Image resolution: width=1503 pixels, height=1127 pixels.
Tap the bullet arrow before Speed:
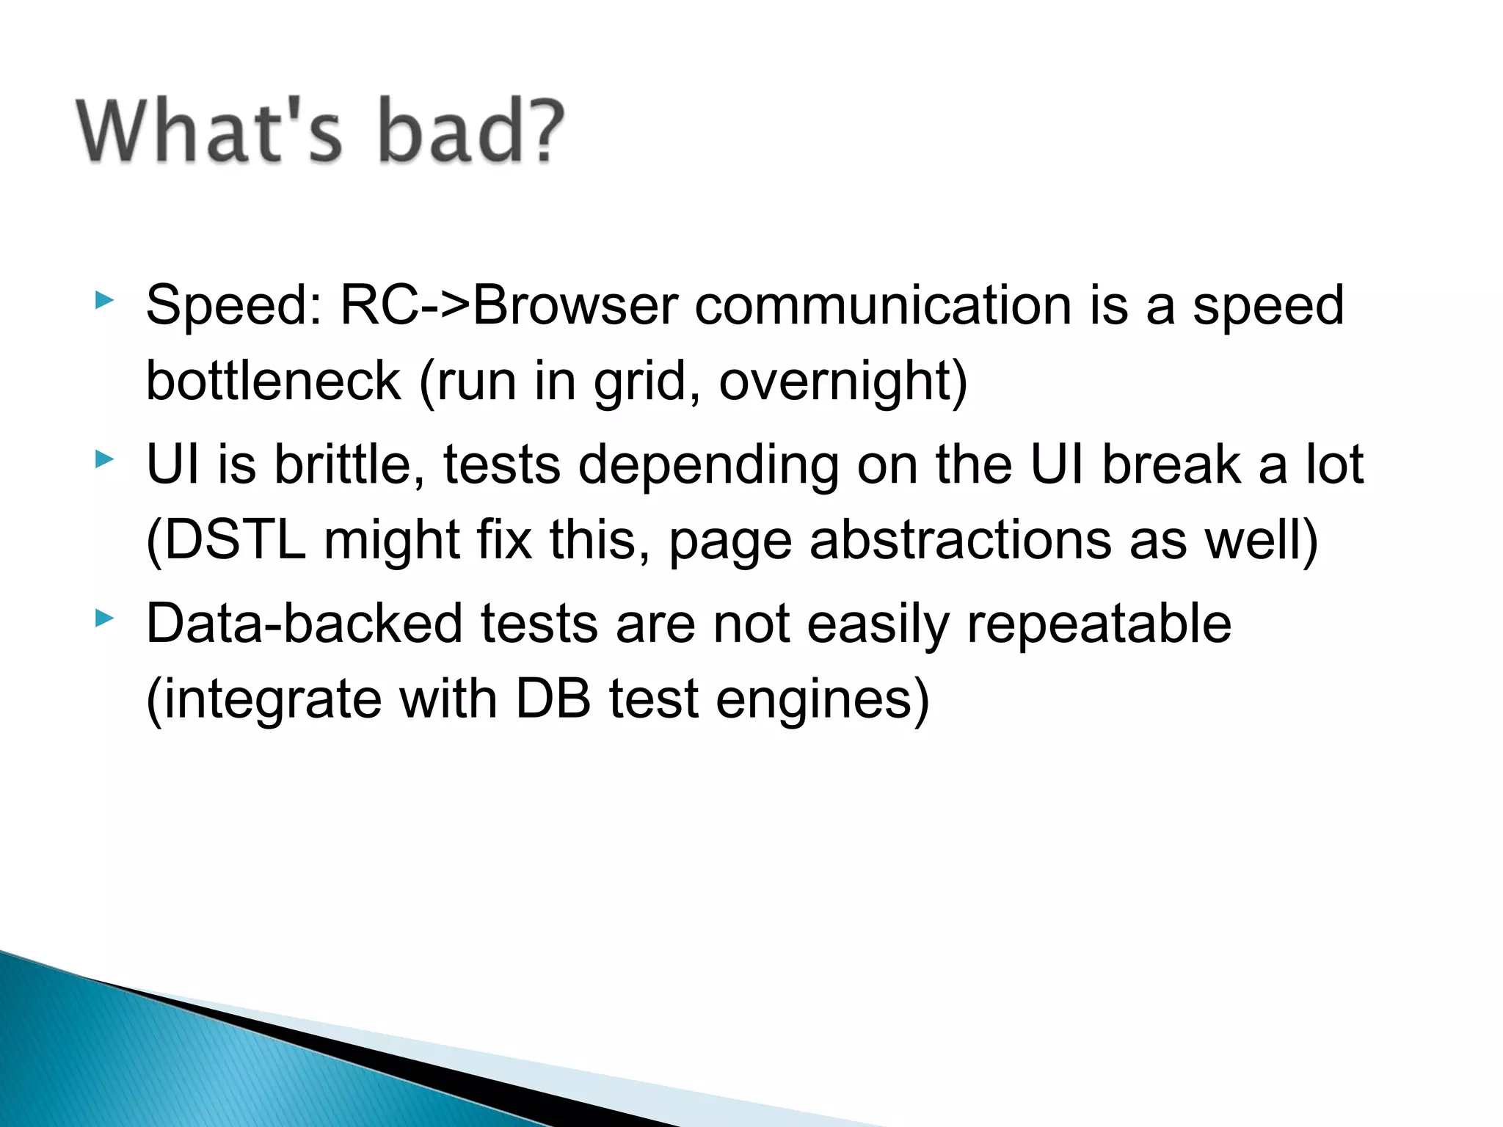point(105,300)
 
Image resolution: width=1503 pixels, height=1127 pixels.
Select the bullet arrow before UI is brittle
point(105,460)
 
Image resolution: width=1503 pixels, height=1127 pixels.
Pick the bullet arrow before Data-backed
point(105,619)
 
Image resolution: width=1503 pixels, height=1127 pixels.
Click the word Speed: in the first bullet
point(234,306)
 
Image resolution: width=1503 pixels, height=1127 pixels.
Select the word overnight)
point(843,382)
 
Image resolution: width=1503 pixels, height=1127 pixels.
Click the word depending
point(708,466)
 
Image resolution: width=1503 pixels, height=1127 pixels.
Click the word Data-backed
point(305,624)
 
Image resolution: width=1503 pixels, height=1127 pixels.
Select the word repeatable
point(1099,624)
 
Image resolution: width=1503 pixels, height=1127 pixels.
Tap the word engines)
point(822,701)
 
